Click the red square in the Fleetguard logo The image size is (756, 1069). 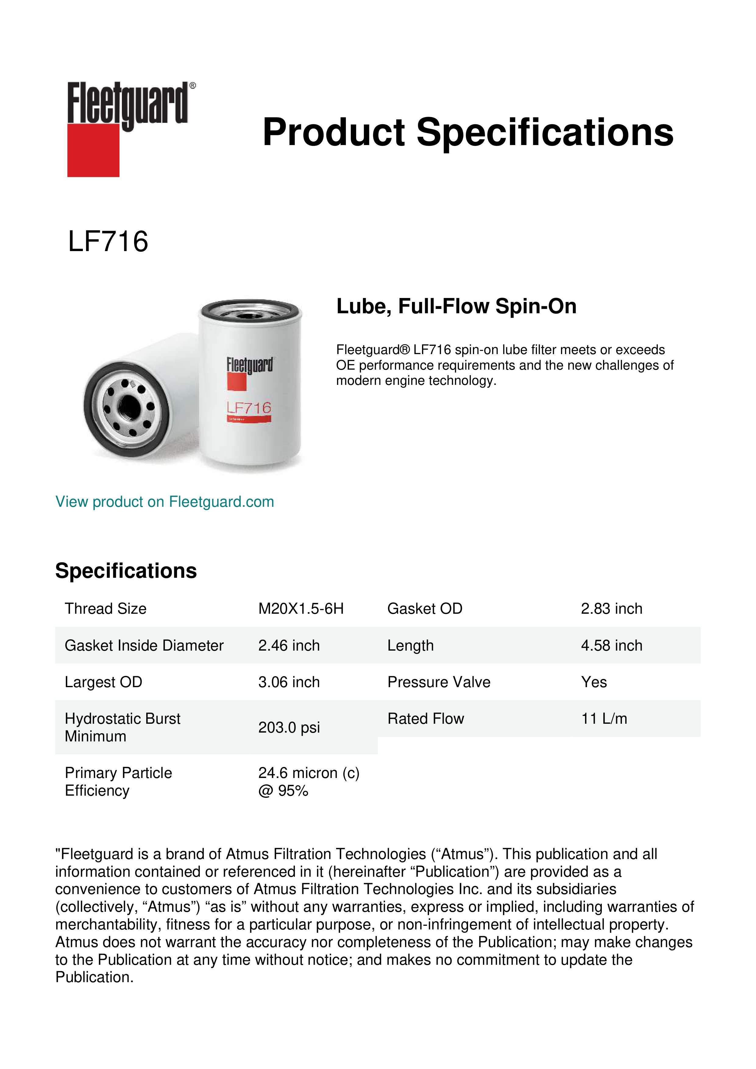click(x=93, y=150)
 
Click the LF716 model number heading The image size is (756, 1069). click(x=108, y=242)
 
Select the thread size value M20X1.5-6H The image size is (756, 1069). click(x=301, y=609)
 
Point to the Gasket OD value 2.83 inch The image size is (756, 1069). click(x=611, y=609)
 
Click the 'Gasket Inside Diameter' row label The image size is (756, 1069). click(x=144, y=645)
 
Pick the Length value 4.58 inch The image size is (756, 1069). click(x=611, y=645)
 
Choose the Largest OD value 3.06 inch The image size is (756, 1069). click(x=289, y=682)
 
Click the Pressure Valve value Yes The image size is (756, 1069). click(x=594, y=682)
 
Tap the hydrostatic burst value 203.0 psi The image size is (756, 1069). click(x=289, y=727)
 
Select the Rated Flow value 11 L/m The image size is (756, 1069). click(x=604, y=719)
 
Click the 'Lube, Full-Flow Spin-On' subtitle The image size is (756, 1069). click(x=456, y=306)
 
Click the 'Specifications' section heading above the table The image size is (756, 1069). click(x=126, y=571)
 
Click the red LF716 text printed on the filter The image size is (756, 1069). click(x=249, y=408)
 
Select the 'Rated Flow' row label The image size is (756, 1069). click(x=425, y=719)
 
